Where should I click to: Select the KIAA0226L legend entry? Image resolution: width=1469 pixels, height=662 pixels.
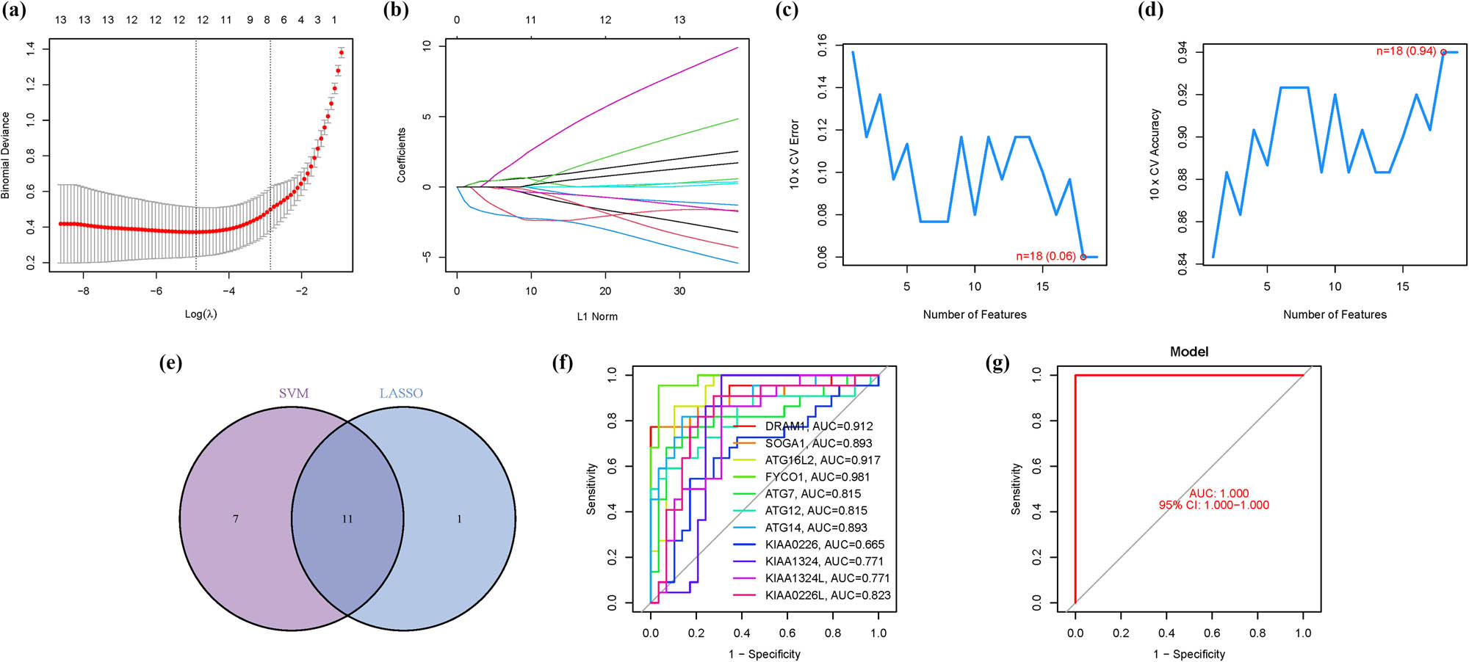[827, 595]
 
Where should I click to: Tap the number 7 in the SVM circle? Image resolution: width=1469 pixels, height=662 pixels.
[236, 519]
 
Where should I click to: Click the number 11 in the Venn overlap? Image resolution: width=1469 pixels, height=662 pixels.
[347, 519]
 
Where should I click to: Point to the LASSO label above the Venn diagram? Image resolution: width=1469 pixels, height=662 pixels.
[401, 393]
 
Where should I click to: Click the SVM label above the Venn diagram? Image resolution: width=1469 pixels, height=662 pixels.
[294, 393]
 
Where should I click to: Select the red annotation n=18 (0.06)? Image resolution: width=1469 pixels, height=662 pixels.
[1045, 256]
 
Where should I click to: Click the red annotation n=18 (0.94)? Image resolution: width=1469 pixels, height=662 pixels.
[1405, 51]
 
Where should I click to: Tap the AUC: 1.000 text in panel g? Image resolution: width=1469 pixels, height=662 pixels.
[1219, 493]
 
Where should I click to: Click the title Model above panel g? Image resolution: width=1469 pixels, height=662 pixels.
[1188, 352]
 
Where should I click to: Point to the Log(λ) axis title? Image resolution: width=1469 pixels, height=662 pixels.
[201, 314]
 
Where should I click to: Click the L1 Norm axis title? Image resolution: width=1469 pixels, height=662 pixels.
[597, 316]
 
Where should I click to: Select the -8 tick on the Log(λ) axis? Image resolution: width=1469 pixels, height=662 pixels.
[84, 291]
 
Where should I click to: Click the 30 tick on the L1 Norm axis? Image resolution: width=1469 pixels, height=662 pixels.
[679, 291]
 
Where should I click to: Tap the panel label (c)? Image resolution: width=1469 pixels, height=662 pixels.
[787, 11]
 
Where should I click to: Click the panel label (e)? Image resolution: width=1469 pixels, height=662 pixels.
[170, 363]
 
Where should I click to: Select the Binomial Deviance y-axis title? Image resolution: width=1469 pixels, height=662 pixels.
[6, 155]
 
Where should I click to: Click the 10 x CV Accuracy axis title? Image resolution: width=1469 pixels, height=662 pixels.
[1155, 154]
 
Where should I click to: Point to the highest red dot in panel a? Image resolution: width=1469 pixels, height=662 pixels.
[341, 53]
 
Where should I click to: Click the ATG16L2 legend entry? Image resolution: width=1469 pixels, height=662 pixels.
[822, 460]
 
